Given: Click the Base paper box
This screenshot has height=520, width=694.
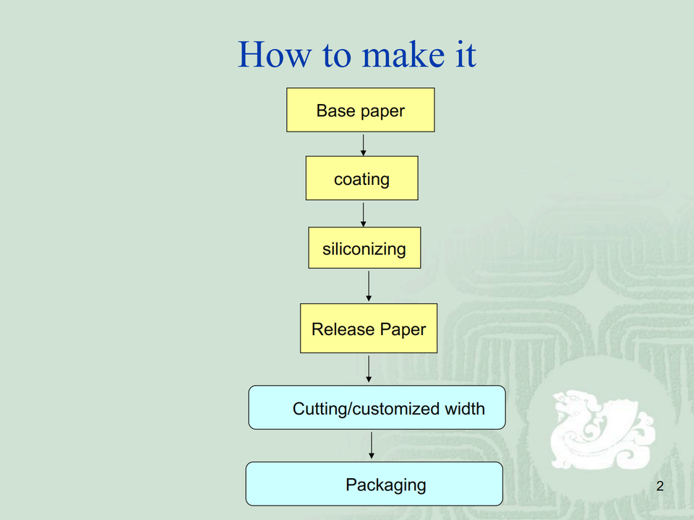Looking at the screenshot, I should [x=360, y=110].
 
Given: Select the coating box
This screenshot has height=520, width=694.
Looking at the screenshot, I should [x=361, y=178].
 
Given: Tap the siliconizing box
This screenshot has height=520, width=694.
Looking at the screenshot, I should [x=364, y=248].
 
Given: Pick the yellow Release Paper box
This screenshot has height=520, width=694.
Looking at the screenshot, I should [x=369, y=329].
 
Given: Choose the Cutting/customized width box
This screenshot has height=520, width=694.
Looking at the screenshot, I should [x=377, y=407].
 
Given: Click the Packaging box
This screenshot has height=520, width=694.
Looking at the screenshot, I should [x=374, y=484].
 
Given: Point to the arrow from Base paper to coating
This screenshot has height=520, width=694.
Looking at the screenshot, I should [x=364, y=144].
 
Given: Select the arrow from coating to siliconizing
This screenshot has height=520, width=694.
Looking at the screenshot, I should [x=364, y=214].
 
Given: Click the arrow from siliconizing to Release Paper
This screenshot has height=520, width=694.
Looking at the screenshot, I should [x=369, y=286].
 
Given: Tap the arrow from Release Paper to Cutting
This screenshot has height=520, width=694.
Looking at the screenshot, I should [x=369, y=368].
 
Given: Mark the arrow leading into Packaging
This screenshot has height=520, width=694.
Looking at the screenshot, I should [x=372, y=446].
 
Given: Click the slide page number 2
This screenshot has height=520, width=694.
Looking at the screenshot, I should [x=659, y=486].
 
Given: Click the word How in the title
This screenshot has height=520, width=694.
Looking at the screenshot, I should [x=271, y=55].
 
